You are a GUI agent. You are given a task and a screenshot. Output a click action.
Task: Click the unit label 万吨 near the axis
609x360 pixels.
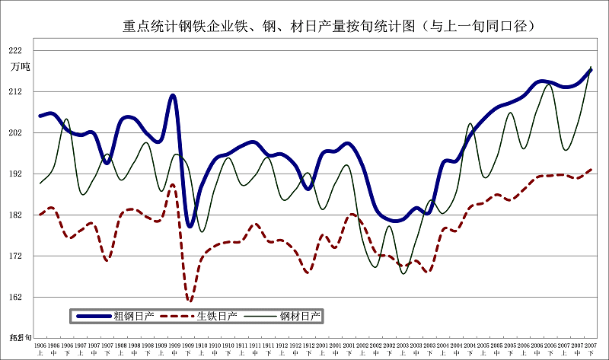[20, 67]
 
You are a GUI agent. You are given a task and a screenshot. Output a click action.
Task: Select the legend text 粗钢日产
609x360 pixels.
[134, 315]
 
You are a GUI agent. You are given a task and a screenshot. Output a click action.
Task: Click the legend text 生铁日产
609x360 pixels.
[217, 315]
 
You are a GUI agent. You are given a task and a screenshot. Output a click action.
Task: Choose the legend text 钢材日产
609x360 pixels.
[300, 315]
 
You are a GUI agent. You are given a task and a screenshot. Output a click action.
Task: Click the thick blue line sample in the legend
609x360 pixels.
[92, 315]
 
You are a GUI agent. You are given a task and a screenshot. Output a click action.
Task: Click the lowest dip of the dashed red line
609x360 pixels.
[190, 300]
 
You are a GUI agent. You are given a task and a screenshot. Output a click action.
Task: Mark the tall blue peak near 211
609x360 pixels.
[174, 96]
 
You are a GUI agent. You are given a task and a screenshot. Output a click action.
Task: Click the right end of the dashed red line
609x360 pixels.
[591, 170]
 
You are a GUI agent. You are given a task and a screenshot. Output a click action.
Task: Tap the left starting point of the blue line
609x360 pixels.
[40, 116]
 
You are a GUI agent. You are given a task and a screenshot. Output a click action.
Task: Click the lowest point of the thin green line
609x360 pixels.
[403, 272]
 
